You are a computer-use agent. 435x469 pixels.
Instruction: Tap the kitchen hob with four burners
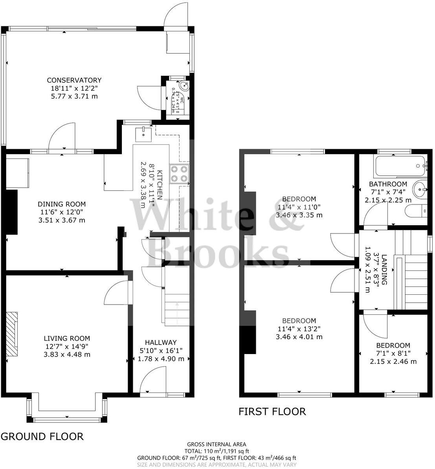point(179,173)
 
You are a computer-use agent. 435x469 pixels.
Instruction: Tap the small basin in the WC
point(184,86)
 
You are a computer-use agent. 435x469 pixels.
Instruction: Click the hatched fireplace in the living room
point(12,334)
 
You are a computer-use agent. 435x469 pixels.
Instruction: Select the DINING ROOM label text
point(62,204)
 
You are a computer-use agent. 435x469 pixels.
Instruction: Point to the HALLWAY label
point(161,343)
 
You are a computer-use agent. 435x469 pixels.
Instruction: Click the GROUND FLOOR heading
point(42,436)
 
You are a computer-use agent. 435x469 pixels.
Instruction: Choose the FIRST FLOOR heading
point(272,411)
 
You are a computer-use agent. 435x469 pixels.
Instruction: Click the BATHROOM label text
point(388,184)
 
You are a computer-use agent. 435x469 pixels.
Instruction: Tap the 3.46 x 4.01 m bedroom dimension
point(299,337)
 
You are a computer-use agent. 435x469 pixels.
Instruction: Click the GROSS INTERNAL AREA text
point(217,445)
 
